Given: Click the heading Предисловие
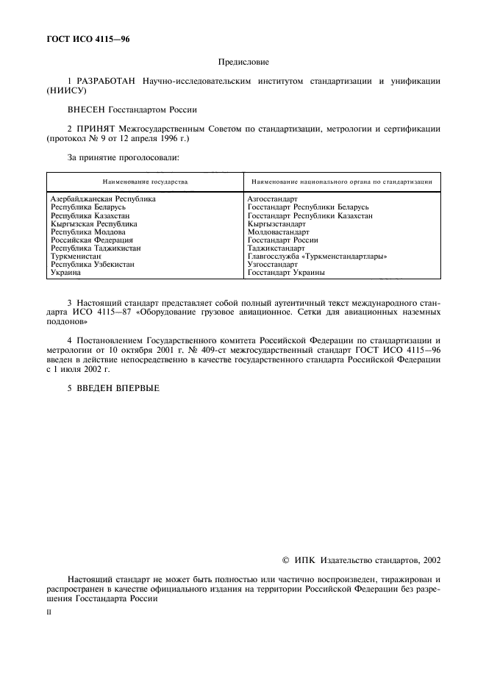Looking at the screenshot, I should [243, 64].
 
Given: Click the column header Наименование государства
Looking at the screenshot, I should [145, 181].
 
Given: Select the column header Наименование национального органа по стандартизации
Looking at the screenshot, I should [342, 181].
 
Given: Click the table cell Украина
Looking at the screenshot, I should [65, 272].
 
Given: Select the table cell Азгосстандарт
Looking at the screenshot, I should [273, 198].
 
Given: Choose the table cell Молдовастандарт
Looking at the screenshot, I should [279, 232].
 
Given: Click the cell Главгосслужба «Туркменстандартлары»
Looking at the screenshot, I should [318, 256].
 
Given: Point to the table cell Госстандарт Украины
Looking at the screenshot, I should [286, 272].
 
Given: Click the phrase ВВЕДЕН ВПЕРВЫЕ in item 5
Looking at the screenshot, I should [118, 387].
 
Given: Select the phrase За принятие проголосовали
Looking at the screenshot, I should [124, 157].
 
